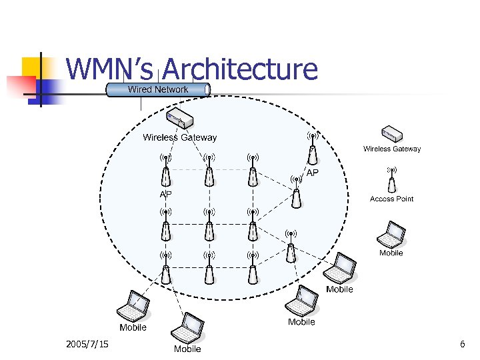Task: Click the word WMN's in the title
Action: tap(111, 69)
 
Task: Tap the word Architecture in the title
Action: tap(239, 69)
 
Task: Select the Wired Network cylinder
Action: tap(158, 89)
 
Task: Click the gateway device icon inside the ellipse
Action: tap(180, 121)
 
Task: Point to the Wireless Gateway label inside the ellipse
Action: tap(180, 138)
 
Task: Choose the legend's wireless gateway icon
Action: tap(392, 134)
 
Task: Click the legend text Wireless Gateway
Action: tap(392, 149)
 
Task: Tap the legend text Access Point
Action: tap(392, 199)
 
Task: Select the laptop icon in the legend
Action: tap(391, 233)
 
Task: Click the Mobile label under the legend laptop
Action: tap(391, 253)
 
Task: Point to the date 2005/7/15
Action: tap(87, 344)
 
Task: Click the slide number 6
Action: tap(462, 344)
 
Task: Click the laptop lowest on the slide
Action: tap(187, 328)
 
